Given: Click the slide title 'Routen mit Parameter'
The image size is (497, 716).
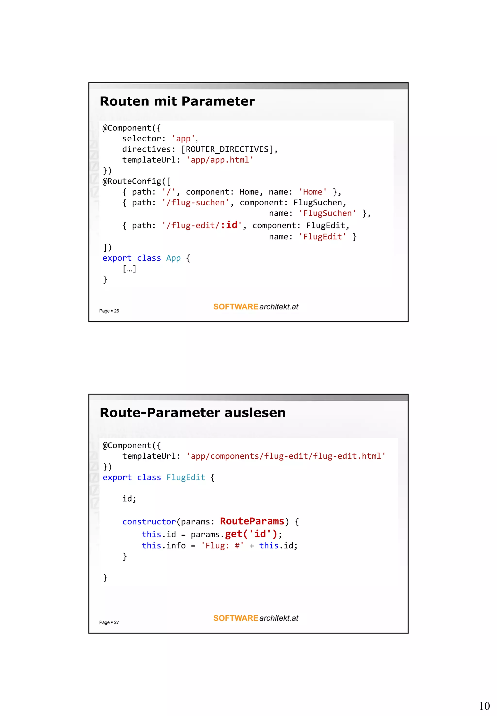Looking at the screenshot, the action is pyautogui.click(x=177, y=101).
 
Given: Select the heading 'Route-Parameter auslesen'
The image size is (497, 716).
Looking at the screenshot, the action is pyautogui.click(x=192, y=413).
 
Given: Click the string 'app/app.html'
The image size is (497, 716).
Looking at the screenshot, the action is pyautogui.click(x=220, y=160).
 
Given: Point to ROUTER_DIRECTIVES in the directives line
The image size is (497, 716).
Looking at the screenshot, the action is pyautogui.click(x=227, y=149).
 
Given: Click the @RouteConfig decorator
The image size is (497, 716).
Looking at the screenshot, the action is pyautogui.click(x=136, y=181).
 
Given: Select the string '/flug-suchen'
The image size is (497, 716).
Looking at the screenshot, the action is pyautogui.click(x=196, y=202).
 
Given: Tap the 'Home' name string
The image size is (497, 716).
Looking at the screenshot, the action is pyautogui.click(x=313, y=192).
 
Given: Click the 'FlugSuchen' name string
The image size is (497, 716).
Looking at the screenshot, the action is pyautogui.click(x=327, y=213).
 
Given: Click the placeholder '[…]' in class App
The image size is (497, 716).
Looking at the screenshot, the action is pyautogui.click(x=129, y=269).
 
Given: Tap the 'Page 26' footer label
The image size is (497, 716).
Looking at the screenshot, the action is pyautogui.click(x=109, y=311).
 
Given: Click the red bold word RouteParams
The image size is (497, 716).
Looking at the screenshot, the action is pyautogui.click(x=252, y=521).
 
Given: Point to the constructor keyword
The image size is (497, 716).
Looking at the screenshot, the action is pyautogui.click(x=149, y=522).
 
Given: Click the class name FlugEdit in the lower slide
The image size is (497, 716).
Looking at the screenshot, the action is pyautogui.click(x=186, y=478).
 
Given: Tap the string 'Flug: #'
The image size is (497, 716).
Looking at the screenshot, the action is pyautogui.click(x=222, y=546).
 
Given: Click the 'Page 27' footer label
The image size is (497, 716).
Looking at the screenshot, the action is pyautogui.click(x=109, y=622).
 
